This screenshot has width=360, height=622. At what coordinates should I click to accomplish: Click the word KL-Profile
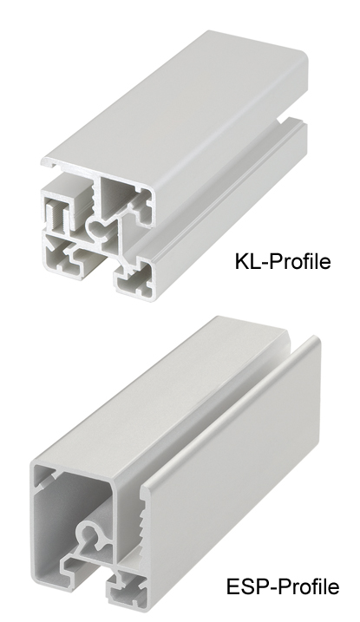click(283, 261)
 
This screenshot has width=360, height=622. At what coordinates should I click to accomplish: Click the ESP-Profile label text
click(283, 586)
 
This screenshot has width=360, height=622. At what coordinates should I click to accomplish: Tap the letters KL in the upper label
click(245, 261)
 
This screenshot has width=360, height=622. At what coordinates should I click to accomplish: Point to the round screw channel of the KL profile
click(96, 227)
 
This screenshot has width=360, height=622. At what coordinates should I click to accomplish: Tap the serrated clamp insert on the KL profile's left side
click(56, 216)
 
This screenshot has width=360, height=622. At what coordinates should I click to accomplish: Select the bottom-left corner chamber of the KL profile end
click(62, 255)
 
